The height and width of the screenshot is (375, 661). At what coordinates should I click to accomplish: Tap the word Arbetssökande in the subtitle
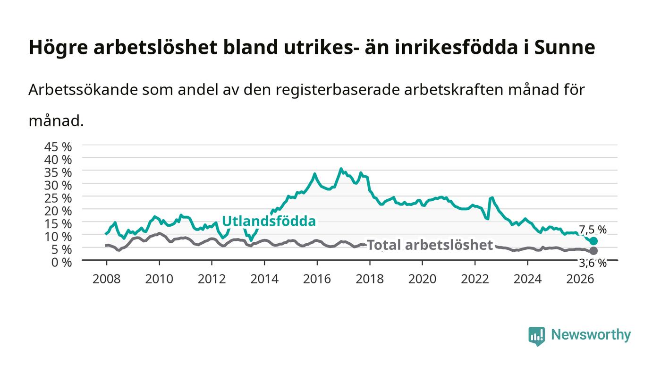click(83, 90)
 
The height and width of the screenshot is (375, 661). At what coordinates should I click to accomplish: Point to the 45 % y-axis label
click(58, 147)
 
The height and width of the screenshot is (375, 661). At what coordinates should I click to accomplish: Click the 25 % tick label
click(58, 198)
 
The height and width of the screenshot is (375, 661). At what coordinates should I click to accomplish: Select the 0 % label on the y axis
click(61, 262)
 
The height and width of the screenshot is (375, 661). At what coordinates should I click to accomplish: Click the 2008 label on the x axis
click(107, 279)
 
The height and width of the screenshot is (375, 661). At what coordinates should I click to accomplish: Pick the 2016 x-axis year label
click(317, 279)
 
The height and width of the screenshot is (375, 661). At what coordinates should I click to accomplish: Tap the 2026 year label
click(580, 279)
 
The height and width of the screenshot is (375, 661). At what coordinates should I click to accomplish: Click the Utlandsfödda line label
click(269, 221)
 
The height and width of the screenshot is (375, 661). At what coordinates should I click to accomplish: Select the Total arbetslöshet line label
click(430, 245)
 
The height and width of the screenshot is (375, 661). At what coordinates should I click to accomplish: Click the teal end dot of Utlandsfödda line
click(593, 241)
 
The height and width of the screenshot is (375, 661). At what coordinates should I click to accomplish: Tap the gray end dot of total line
click(593, 251)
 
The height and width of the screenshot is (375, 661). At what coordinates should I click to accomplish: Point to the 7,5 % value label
click(593, 230)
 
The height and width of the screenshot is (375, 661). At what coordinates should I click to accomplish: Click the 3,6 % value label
click(593, 263)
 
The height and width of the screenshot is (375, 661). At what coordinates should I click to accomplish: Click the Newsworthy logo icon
click(537, 336)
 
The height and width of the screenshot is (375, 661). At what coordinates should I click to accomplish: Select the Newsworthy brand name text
click(591, 335)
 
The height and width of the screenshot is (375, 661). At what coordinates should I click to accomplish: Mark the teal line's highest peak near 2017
click(341, 169)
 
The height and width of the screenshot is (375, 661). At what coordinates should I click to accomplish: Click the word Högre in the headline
click(58, 48)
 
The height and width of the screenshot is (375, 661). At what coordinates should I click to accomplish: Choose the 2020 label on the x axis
click(422, 279)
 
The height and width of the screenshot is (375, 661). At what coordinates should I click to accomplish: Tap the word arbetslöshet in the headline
click(155, 47)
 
